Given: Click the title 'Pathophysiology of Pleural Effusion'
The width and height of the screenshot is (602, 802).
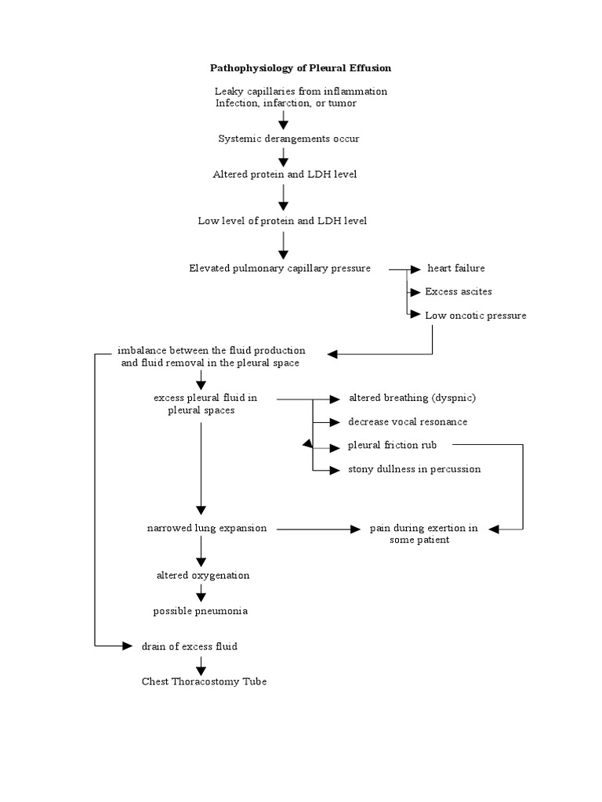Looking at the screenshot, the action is click(x=300, y=68).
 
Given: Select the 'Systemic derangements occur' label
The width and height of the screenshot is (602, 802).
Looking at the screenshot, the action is click(x=288, y=139).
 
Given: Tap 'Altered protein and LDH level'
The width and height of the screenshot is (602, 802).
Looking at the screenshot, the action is click(x=285, y=175).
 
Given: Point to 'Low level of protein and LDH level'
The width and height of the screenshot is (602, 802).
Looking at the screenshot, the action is click(x=282, y=221).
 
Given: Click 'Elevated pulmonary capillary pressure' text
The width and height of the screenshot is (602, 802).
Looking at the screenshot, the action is click(x=280, y=269).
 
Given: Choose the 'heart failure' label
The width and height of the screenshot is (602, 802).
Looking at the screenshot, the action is click(x=456, y=268).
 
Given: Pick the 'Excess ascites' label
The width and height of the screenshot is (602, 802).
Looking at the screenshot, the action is click(x=458, y=291).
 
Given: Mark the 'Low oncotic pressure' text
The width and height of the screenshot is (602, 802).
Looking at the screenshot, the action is click(x=476, y=316).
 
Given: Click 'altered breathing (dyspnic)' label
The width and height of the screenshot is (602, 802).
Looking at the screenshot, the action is click(x=412, y=398).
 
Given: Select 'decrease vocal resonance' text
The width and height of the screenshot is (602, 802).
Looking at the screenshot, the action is click(x=408, y=422).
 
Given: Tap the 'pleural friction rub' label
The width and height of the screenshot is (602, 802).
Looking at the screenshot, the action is click(x=392, y=445).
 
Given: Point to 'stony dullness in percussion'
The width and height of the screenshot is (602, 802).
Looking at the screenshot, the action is click(x=414, y=469).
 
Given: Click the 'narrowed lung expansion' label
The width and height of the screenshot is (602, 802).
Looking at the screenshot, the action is click(x=207, y=529).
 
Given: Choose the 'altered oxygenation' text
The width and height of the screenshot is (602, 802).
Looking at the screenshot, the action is click(x=203, y=576).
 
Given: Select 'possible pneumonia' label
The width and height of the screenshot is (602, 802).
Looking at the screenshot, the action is click(x=200, y=611).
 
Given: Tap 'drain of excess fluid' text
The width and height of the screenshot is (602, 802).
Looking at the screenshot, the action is click(x=190, y=646).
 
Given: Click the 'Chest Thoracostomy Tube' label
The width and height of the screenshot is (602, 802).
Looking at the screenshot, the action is click(x=204, y=681).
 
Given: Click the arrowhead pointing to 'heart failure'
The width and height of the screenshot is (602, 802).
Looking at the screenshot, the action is click(x=415, y=269).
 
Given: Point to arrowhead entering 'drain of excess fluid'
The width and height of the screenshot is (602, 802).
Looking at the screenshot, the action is click(x=127, y=646).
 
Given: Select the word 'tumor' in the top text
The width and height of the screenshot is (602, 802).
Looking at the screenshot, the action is click(x=342, y=103).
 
